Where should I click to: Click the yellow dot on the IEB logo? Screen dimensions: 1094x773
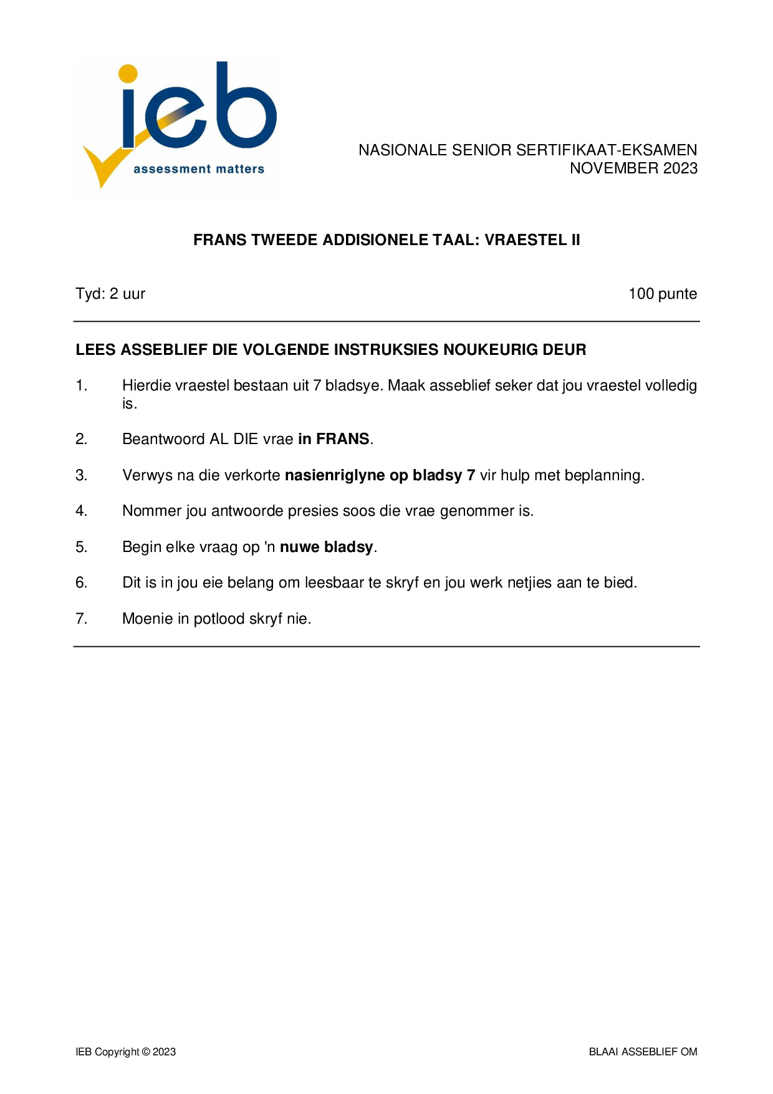[x=128, y=73]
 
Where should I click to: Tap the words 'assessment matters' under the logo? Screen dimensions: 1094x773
[x=199, y=169]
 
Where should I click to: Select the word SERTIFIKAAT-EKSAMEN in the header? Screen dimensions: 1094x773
[x=607, y=150]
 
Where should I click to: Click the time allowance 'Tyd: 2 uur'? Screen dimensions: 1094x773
[x=110, y=294]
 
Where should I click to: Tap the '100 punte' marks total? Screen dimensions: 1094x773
[x=662, y=294]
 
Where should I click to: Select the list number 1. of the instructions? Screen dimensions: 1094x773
[x=82, y=385]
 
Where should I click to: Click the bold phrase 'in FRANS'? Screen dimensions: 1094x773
[x=334, y=439]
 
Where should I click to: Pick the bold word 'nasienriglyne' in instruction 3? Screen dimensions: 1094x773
[x=334, y=475]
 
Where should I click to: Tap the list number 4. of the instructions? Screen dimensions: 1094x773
[x=82, y=511]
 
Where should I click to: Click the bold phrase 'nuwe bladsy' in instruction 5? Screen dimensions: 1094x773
[x=326, y=547]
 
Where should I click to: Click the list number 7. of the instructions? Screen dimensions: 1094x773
[x=82, y=619]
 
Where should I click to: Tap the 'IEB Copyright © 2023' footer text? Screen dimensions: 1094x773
[x=126, y=1052]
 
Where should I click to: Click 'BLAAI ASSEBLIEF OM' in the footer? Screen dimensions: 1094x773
[x=643, y=1052]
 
